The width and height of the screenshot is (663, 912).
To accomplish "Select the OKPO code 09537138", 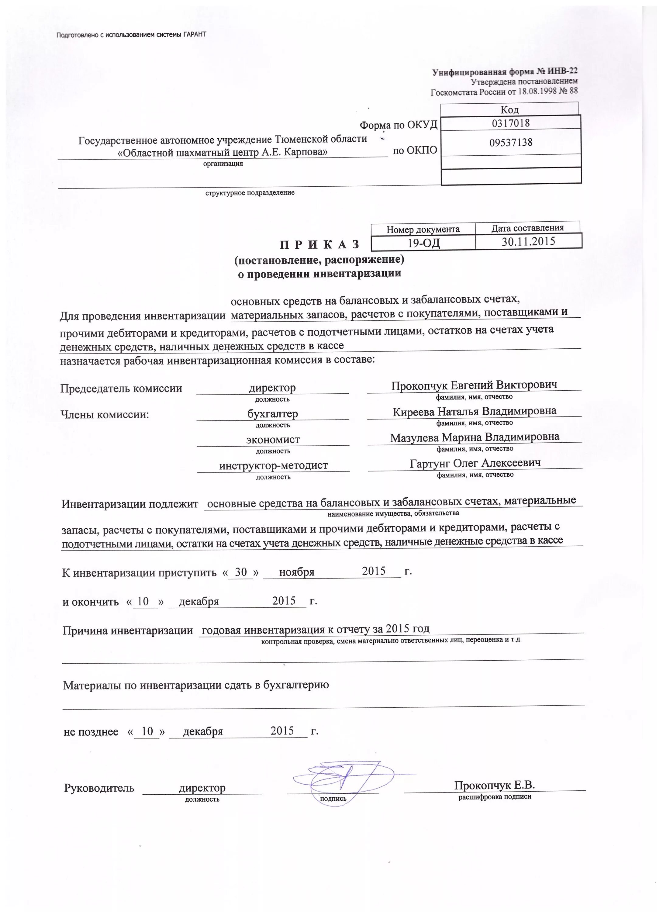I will tap(511, 142).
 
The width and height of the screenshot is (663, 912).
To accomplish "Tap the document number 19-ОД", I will tap(423, 243).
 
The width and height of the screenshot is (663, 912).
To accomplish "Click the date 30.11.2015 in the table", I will tap(528, 241).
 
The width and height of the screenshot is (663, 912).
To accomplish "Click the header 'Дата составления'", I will tap(527, 228).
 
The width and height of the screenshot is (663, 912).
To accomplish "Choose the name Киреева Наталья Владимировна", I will tap(475, 411).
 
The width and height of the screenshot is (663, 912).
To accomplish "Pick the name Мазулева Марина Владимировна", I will tap(475, 437).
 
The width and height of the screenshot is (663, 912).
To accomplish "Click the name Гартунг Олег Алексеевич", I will tap(475, 463).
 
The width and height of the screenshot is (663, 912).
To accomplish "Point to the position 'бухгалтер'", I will tap(273, 414).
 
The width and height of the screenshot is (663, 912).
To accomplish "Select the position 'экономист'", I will tap(273, 440).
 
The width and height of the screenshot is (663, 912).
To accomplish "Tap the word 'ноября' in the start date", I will tap(297, 572).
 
